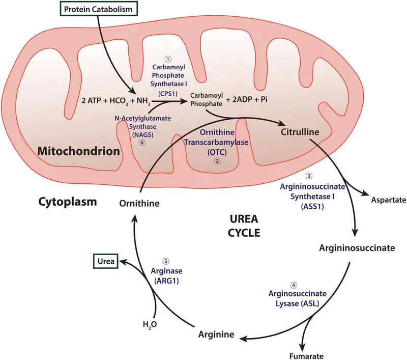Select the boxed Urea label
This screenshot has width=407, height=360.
point(103,262)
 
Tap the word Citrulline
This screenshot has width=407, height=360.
point(300,132)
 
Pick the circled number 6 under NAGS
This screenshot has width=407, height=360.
point(135,144)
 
